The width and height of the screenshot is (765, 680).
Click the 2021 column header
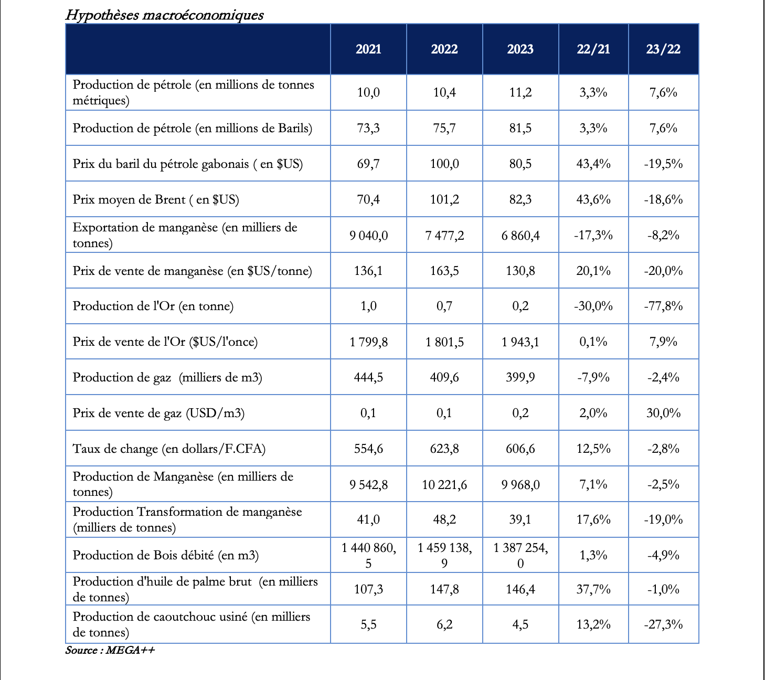point(368,49)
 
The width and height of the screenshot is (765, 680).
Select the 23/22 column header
point(663,49)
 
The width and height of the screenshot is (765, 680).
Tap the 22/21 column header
point(593,49)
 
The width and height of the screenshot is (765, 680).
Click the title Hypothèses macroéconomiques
point(164,15)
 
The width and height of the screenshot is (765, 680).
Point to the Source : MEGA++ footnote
point(110,651)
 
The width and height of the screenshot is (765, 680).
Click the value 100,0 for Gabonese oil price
point(444,164)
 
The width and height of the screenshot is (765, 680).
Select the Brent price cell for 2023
point(520,199)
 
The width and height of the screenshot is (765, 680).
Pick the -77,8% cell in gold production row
point(663,306)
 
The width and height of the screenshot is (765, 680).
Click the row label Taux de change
point(169,449)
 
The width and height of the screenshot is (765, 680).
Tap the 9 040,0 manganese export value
point(368,236)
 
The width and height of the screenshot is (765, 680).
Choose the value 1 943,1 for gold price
point(520,342)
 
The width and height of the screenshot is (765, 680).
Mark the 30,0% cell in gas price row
point(663,413)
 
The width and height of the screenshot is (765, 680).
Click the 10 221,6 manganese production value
point(444,484)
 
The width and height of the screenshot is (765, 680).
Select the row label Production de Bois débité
point(166,555)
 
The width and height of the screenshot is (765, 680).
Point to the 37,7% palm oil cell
point(593,589)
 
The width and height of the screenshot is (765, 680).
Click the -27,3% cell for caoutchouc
point(663,624)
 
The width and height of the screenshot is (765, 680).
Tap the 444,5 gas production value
point(368,377)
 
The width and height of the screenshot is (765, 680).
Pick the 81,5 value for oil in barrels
point(520,128)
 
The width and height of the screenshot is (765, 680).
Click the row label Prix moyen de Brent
point(156,199)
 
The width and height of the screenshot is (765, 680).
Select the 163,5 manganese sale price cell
point(444,271)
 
